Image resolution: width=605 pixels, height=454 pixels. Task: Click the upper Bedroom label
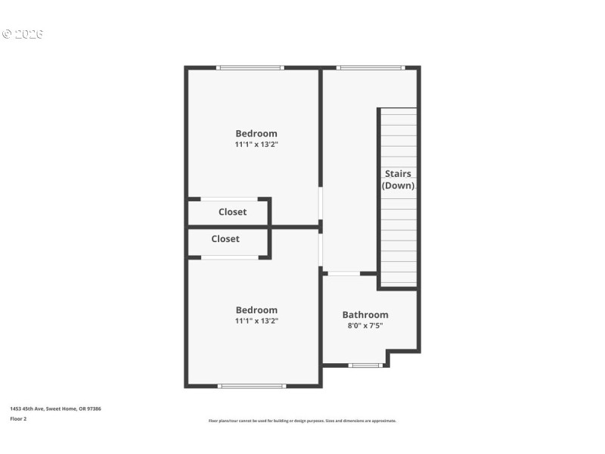click(x=256, y=134)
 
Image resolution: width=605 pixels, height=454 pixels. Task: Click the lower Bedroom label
click(x=256, y=310)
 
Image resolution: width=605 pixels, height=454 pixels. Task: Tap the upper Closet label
click(x=232, y=212)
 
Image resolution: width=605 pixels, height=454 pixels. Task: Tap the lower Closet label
click(x=225, y=239)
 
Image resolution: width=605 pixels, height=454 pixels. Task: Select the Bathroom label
click(x=365, y=315)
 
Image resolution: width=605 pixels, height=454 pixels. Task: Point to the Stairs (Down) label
click(x=398, y=179)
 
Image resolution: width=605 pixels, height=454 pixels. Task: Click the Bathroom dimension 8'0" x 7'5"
click(x=365, y=326)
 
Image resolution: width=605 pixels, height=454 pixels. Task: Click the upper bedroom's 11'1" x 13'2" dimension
click(x=256, y=145)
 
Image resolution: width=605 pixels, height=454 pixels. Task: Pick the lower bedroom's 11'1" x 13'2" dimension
click(x=256, y=321)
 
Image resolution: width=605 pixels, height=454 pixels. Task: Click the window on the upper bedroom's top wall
click(x=250, y=68)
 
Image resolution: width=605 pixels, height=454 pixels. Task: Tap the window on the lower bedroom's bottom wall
click(x=252, y=386)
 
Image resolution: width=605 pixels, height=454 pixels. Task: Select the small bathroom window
click(x=365, y=365)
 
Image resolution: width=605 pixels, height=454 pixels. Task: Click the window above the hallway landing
click(x=371, y=68)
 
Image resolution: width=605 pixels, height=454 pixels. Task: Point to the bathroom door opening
click(x=343, y=273)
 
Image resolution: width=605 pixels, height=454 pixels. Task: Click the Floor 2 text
click(x=18, y=418)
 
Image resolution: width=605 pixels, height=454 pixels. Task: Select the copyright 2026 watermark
click(x=23, y=34)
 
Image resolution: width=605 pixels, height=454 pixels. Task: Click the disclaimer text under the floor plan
click(x=302, y=421)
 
